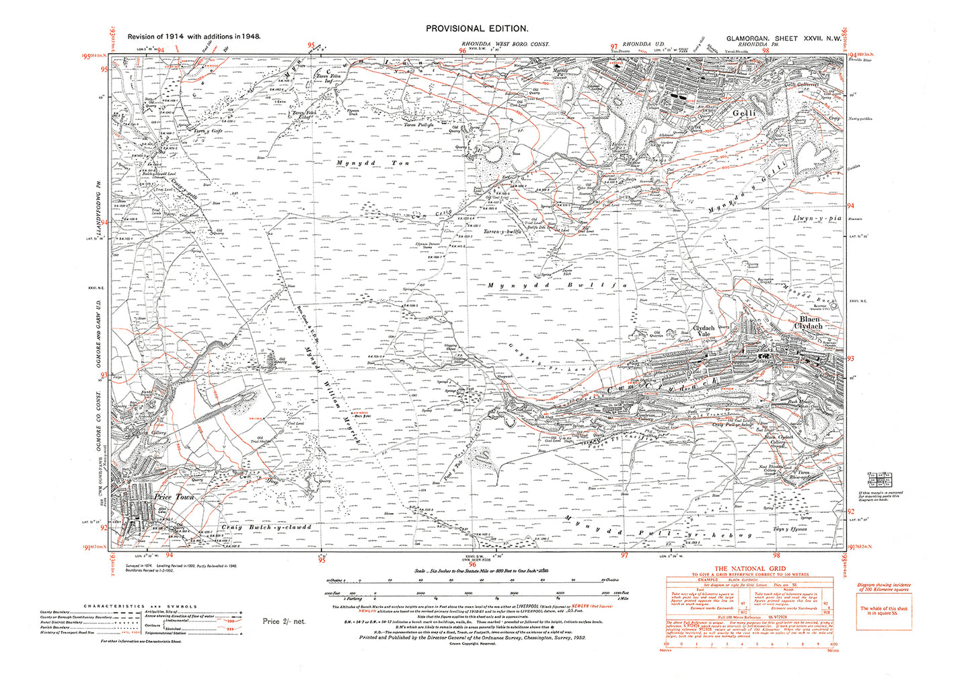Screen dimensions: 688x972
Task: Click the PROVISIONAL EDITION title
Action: (477, 28)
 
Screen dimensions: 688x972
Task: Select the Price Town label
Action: (174, 497)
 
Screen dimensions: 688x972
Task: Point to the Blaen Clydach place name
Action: (809, 322)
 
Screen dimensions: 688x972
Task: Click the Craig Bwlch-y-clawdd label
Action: (266, 527)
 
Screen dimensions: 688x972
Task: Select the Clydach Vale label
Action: (704, 331)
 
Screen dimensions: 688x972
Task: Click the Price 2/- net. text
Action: (284, 621)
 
